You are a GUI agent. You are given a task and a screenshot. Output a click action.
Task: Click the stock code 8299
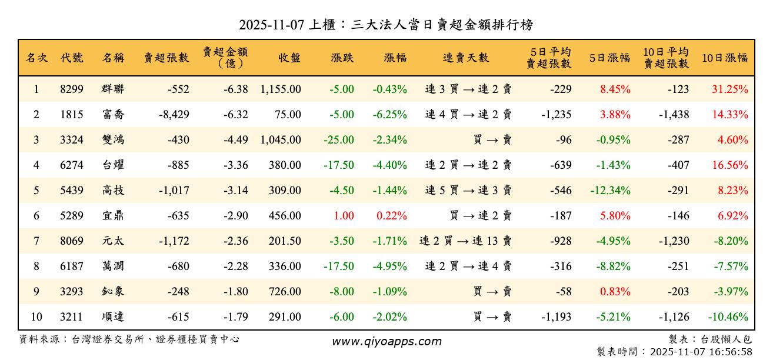72,89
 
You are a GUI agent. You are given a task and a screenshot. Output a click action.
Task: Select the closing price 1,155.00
281,89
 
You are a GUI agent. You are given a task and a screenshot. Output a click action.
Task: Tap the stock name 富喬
113,115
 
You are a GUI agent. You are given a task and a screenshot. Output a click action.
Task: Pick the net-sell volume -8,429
174,115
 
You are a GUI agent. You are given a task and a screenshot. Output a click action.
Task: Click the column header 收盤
289,58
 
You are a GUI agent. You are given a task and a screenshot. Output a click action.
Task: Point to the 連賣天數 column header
466,58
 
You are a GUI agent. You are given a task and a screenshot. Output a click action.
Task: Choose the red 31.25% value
730,89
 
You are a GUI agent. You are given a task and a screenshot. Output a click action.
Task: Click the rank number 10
36,317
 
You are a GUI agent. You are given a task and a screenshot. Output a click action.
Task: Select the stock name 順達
113,317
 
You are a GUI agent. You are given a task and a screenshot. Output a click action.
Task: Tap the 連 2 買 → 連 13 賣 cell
465,241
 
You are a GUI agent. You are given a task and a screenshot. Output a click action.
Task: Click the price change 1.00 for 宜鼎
344,216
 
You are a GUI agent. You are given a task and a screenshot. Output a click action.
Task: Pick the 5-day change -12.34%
610,191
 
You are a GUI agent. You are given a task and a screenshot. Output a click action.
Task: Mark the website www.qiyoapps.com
386,342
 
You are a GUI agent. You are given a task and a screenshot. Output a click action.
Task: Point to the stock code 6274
72,165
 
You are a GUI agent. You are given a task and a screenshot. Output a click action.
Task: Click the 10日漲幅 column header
725,58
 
